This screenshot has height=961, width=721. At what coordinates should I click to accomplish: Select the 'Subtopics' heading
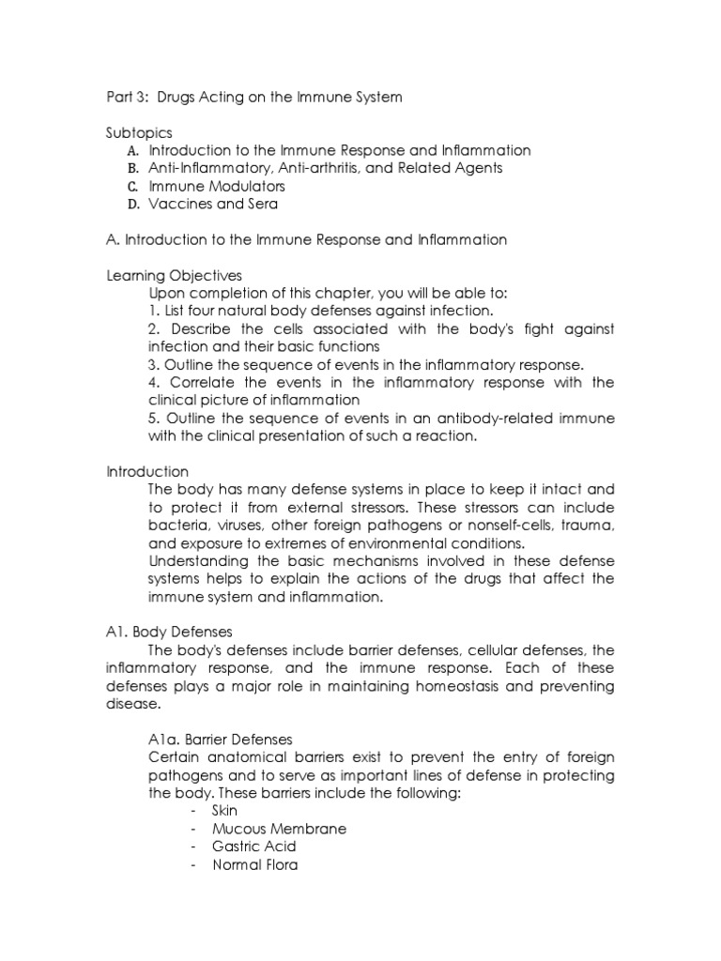[139, 132]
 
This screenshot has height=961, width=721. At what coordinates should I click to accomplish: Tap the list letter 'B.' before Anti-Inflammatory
[132, 168]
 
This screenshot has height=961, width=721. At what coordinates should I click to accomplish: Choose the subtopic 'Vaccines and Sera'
[213, 204]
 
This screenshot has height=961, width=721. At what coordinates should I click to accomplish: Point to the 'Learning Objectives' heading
[174, 275]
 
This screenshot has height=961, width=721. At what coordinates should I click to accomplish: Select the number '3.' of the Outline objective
[154, 364]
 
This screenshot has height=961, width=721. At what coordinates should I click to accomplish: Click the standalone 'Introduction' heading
[146, 471]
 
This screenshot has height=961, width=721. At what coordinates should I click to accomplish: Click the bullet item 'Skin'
[225, 811]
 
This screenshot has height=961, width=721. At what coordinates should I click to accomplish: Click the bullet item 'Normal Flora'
[255, 864]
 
